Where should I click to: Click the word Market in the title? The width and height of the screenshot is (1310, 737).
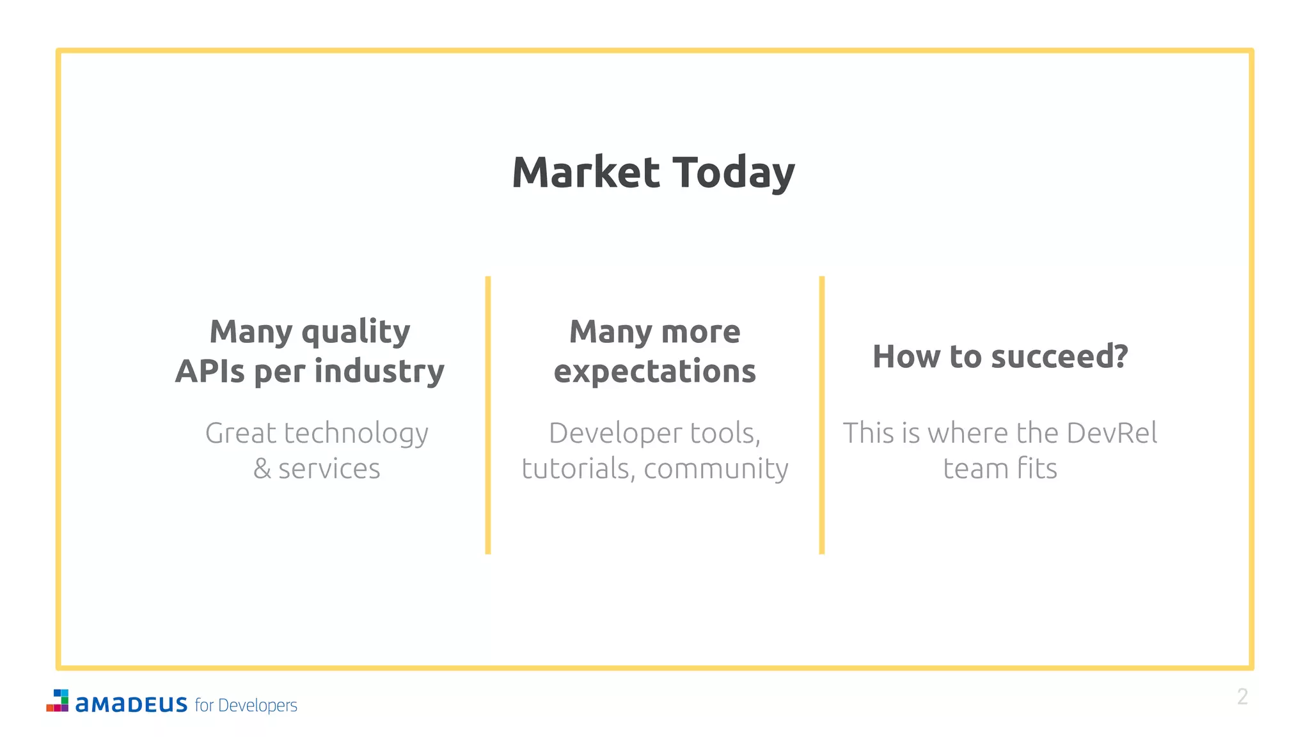coord(585,173)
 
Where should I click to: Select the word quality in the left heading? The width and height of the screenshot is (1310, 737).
coord(356,333)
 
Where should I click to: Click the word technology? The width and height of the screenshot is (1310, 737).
coord(356,434)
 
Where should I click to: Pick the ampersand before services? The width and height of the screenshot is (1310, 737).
coord(262,469)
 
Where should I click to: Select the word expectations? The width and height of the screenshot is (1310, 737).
coord(654,372)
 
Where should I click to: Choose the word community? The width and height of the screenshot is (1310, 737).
coord(716,469)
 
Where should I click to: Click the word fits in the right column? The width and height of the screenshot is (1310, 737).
coord(1037,469)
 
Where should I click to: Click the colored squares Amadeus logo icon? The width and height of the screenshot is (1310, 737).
coord(58,701)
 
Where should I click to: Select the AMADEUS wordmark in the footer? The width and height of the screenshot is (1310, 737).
coord(131,704)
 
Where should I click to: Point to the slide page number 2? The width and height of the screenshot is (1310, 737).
coord(1242,697)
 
